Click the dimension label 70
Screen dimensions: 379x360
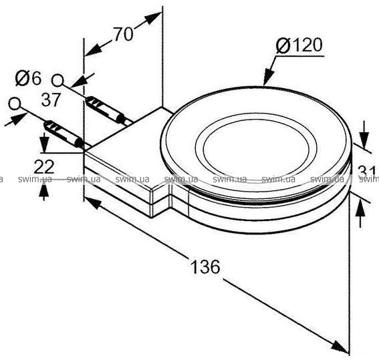click(124, 34)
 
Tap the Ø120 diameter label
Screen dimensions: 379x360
click(299, 45)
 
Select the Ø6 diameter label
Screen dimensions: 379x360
click(28, 77)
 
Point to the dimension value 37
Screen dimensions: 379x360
click(51, 100)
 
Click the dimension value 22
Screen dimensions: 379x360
click(44, 166)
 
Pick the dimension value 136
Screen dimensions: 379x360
click(205, 266)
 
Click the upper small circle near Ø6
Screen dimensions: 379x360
click(57, 81)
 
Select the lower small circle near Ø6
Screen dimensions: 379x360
click(15, 104)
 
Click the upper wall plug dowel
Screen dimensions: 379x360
click(106, 110)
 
